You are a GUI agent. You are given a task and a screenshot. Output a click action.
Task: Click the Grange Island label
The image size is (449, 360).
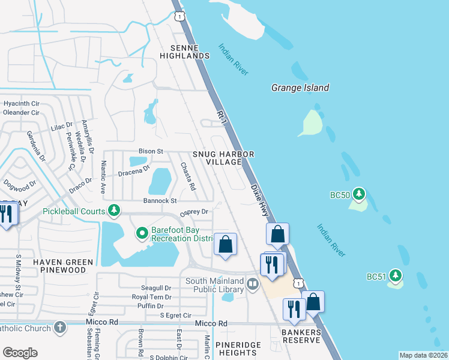coord(300,88)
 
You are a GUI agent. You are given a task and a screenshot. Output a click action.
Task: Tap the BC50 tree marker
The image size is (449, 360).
coord(359,193)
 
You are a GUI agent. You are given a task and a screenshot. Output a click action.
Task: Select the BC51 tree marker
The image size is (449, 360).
coord(394,275)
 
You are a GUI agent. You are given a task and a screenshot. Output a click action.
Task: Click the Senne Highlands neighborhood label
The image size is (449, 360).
coord(184,52)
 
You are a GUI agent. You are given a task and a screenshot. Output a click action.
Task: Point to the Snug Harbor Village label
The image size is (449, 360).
coord(223,158)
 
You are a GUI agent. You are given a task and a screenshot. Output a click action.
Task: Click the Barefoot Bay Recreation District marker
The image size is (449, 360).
coord(142,233)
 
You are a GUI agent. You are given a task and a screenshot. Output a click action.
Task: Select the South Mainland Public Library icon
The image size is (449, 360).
coord(253,284)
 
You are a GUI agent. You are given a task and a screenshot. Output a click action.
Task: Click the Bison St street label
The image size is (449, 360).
coord(151,151)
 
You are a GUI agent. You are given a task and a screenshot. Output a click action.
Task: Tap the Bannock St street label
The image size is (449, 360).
coord(160,201)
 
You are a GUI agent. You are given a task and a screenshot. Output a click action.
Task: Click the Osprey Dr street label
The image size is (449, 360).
coord(195,212)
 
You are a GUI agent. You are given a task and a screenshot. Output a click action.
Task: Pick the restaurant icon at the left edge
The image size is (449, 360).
coord(7,215)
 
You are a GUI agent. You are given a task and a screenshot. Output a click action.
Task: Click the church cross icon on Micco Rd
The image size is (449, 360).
coord(59,327)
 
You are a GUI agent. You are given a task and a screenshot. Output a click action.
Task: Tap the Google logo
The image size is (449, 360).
coord(20,353)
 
